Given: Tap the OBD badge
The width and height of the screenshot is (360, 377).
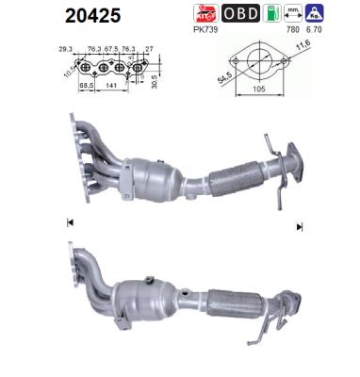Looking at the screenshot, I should point(242,14).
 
